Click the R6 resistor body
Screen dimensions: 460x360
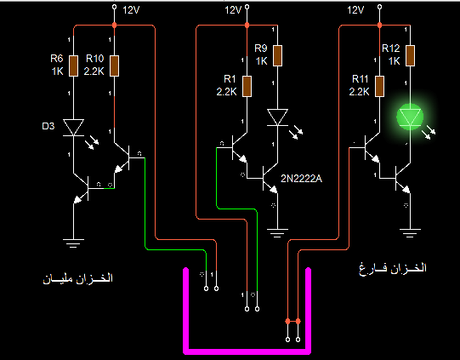[74, 66]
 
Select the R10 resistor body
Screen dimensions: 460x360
[115, 66]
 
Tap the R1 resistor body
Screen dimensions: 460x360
[247, 86]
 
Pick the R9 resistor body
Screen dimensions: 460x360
[277, 55]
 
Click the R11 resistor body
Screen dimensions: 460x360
[379, 86]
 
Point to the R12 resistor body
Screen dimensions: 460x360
[410, 55]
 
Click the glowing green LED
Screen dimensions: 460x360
[410, 117]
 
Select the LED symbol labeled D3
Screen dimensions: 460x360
[74, 128]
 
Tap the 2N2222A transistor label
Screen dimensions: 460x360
[301, 179]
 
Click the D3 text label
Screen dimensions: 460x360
[48, 126]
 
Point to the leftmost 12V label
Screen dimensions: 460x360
[131, 10]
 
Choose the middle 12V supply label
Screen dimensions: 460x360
[233, 10]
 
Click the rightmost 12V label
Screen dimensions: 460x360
[355, 10]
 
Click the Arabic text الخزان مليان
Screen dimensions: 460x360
[78, 278]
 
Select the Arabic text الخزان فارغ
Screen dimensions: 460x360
[393, 268]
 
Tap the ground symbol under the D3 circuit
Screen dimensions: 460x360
[73, 243]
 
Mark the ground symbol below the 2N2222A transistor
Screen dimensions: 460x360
[277, 233]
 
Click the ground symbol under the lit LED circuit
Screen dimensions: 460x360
[410, 233]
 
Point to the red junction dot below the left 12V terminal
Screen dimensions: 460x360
[115, 26]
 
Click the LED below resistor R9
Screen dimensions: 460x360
[277, 117]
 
